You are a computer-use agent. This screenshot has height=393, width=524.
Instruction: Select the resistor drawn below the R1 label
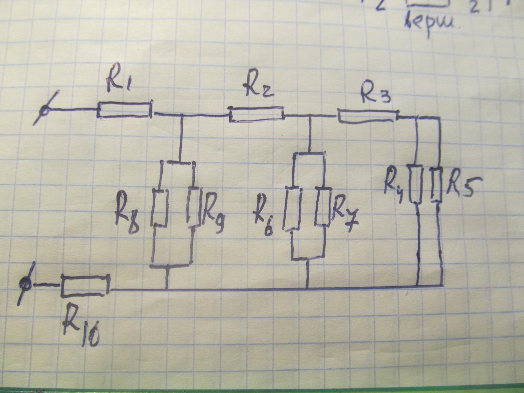124,110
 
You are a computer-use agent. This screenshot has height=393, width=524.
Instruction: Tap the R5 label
460,187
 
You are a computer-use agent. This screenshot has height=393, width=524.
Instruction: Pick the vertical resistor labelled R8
160,207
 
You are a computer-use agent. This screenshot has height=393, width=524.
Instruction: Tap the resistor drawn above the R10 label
84,286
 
